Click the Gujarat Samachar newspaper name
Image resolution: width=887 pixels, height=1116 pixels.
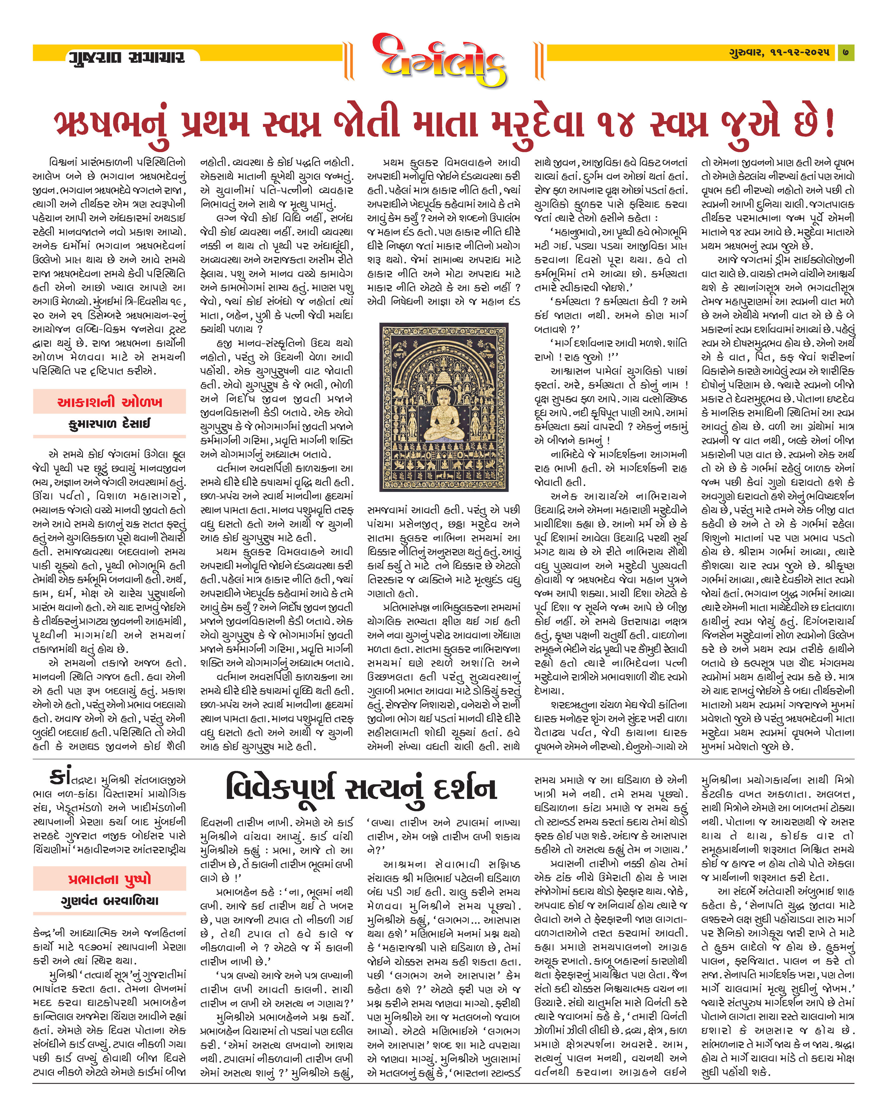[126, 56]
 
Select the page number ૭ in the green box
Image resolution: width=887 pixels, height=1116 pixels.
[846, 52]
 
